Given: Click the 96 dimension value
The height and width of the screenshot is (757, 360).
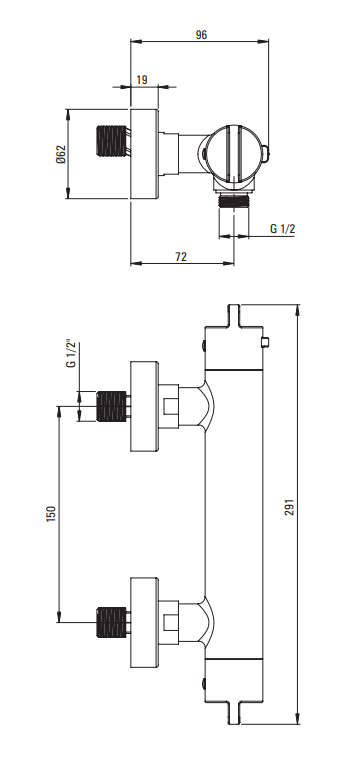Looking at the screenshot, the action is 201,35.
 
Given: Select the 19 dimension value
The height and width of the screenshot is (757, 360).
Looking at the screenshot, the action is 142,80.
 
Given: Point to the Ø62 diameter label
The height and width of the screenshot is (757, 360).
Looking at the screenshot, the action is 61,154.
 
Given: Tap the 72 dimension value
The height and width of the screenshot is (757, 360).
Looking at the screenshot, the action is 180,257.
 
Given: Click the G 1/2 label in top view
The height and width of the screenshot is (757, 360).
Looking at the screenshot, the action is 282,228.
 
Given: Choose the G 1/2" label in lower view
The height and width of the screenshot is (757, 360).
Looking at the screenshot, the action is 70,354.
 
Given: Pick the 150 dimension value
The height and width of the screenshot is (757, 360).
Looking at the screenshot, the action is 52,514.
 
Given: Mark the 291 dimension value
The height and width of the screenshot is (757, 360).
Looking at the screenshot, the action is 289,507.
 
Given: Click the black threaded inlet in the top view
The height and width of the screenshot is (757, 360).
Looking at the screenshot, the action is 111,141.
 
